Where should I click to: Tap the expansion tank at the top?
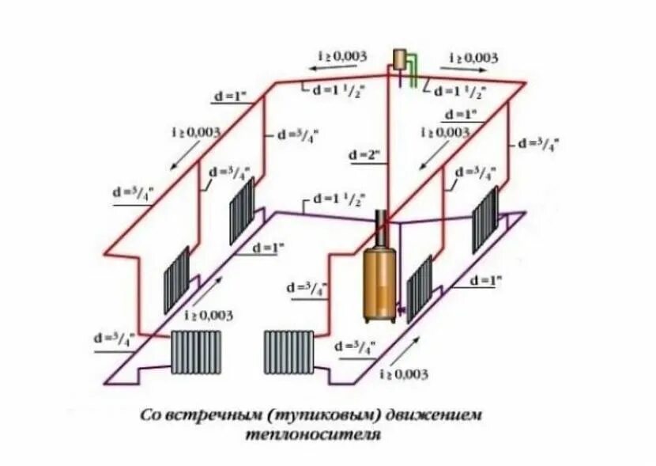point(401,58)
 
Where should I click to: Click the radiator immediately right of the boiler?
point(419,288)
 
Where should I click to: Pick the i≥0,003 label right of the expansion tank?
point(473,59)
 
